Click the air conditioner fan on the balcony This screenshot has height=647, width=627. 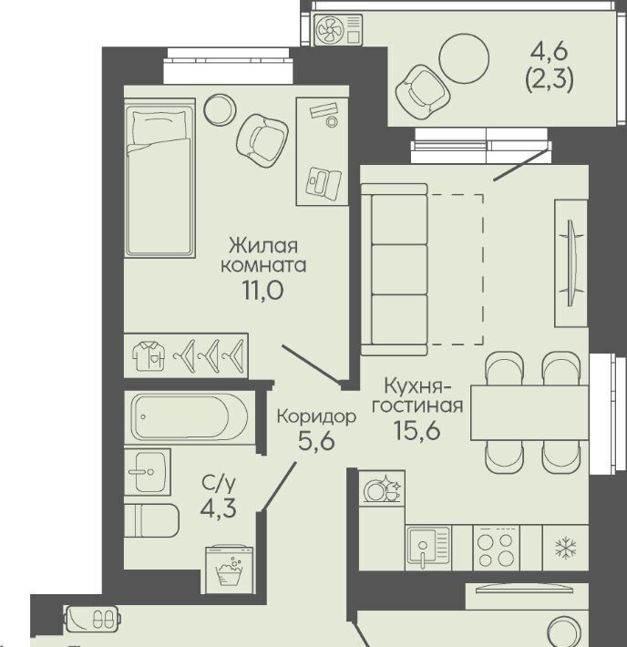click(329, 30)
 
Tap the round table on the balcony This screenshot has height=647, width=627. click(464, 58)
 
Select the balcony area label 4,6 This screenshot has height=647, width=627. click(549, 53)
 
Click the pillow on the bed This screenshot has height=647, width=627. click(158, 127)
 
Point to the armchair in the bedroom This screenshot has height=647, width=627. click(262, 140)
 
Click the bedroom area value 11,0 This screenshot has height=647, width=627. click(263, 291)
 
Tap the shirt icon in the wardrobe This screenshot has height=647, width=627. click(149, 355)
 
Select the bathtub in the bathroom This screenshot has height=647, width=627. click(190, 416)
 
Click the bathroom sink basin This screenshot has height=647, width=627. click(148, 472)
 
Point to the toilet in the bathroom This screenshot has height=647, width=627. click(151, 520)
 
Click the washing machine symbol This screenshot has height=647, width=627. click(230, 570)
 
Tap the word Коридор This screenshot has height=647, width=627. click(316, 416)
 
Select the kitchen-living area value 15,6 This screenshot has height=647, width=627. click(417, 430)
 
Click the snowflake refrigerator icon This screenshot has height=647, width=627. click(566, 548)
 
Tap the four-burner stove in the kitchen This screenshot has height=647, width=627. click(496, 549)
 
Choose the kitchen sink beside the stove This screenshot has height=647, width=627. click(428, 548)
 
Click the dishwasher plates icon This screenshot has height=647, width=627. click(382, 489)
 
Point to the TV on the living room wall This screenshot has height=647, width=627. click(571, 262)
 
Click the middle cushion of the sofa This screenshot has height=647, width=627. click(399, 270)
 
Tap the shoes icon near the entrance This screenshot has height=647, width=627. click(102, 619)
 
